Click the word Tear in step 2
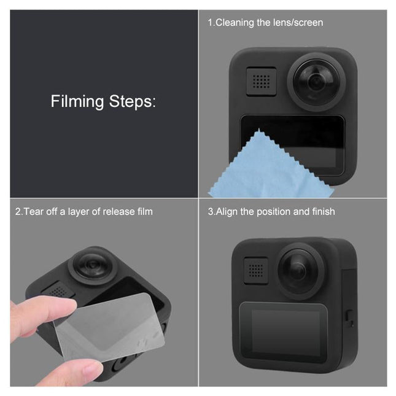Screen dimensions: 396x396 [x=34, y=212]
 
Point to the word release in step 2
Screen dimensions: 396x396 [x=112, y=212]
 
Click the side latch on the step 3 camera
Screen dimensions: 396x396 [x=349, y=317]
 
